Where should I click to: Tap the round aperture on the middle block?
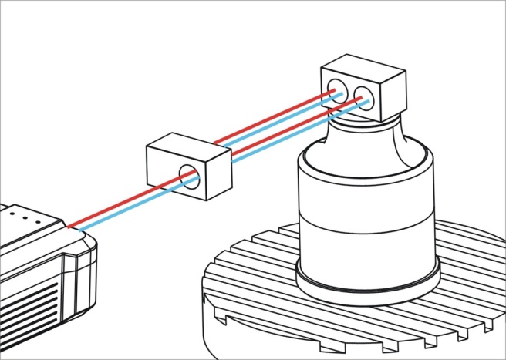click(189, 177)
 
